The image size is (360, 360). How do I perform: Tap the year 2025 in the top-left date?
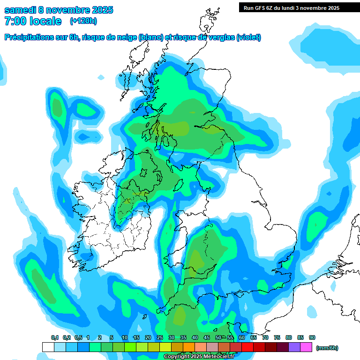click(99, 10)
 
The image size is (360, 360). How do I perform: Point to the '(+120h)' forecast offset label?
click(83, 21)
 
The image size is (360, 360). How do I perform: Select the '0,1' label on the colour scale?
click(54, 337)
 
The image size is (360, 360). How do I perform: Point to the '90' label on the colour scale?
click(312, 337)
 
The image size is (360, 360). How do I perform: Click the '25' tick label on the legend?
click(160, 337)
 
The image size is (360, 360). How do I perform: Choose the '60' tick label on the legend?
click(242, 337)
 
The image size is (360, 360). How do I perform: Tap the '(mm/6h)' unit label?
click(328, 348)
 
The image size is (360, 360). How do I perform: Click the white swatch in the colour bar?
click(48, 347)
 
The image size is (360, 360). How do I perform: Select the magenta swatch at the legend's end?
click(306, 347)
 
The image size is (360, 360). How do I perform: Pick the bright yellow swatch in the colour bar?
click(165, 347)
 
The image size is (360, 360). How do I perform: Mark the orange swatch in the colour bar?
click(189, 347)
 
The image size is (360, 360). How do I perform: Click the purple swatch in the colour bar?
click(294, 347)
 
